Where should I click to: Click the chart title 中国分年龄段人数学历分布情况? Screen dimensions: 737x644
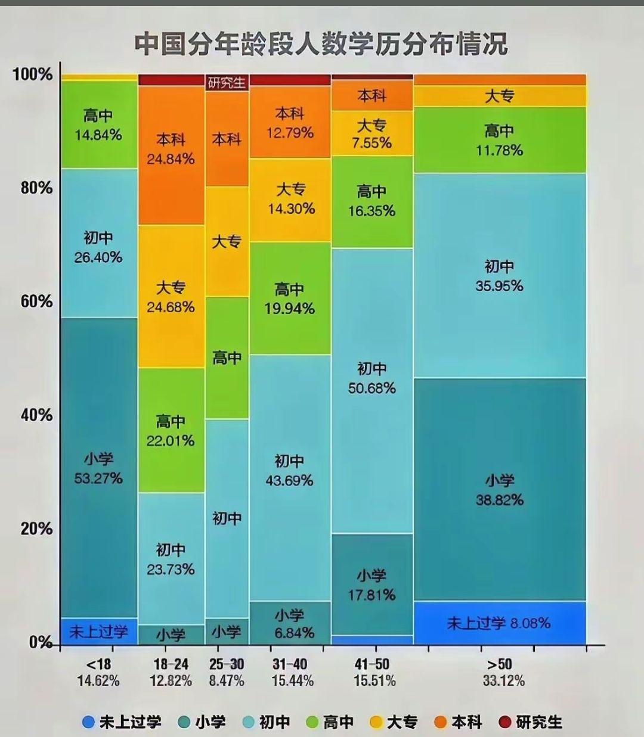pos(321,44)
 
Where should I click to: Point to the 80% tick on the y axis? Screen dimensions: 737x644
pos(37,188)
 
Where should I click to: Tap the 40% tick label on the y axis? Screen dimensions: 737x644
pos(37,415)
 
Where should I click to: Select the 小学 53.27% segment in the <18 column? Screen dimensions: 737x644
pos(98,468)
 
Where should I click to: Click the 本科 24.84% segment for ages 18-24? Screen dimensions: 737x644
pos(171,150)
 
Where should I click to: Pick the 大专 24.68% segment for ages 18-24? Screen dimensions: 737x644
pos(171,297)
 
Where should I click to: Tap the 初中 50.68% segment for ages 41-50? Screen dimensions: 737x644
pos(371,378)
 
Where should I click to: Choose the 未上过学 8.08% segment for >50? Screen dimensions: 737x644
pos(499,623)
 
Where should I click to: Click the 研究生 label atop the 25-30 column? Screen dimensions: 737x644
pos(227,83)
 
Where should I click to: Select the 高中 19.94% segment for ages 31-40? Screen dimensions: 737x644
pos(289,299)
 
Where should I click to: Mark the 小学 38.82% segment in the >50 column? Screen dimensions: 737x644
pos(499,490)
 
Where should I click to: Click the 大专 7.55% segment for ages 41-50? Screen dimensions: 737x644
pos(371,134)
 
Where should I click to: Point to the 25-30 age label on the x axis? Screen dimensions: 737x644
pos(227,664)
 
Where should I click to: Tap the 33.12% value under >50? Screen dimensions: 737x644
pos(504,681)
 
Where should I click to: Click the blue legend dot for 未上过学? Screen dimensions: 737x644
pos(89,722)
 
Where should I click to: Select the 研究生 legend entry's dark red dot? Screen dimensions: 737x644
pos(505,722)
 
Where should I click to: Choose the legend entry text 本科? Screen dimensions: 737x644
pos(466,722)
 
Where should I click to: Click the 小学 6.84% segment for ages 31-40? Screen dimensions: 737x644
pos(289,624)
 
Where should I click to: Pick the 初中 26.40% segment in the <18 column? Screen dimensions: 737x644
pos(98,248)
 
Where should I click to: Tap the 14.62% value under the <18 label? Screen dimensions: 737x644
pos(98,681)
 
